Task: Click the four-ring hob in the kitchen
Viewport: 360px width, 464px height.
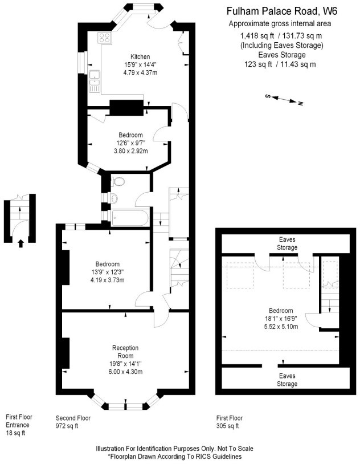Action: point(105,38)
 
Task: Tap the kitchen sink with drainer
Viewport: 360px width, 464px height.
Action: point(95,82)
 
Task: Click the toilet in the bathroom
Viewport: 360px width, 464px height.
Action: point(118,181)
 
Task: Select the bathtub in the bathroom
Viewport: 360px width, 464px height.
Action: point(129,218)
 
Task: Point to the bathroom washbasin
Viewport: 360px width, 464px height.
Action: point(114,198)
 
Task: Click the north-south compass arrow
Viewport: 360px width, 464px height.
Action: point(284,99)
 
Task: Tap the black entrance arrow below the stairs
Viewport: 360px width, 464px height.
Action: point(21,243)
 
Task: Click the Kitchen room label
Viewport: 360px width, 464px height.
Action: point(140,56)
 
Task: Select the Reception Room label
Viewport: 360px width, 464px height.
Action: point(125,352)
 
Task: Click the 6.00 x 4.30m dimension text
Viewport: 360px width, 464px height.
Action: point(125,372)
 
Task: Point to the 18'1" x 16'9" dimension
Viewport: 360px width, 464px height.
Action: point(281,319)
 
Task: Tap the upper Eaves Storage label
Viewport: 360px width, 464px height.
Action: point(287,243)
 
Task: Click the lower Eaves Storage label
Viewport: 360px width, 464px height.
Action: point(287,380)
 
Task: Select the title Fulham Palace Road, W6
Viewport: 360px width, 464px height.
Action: point(282,11)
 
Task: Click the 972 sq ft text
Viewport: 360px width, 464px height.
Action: point(67,426)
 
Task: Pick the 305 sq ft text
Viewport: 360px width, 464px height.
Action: point(227,426)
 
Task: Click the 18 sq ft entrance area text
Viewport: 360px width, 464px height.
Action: point(15,433)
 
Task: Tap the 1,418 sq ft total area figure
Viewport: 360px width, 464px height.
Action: point(257,36)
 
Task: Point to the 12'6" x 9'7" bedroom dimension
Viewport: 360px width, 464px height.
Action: point(130,143)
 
